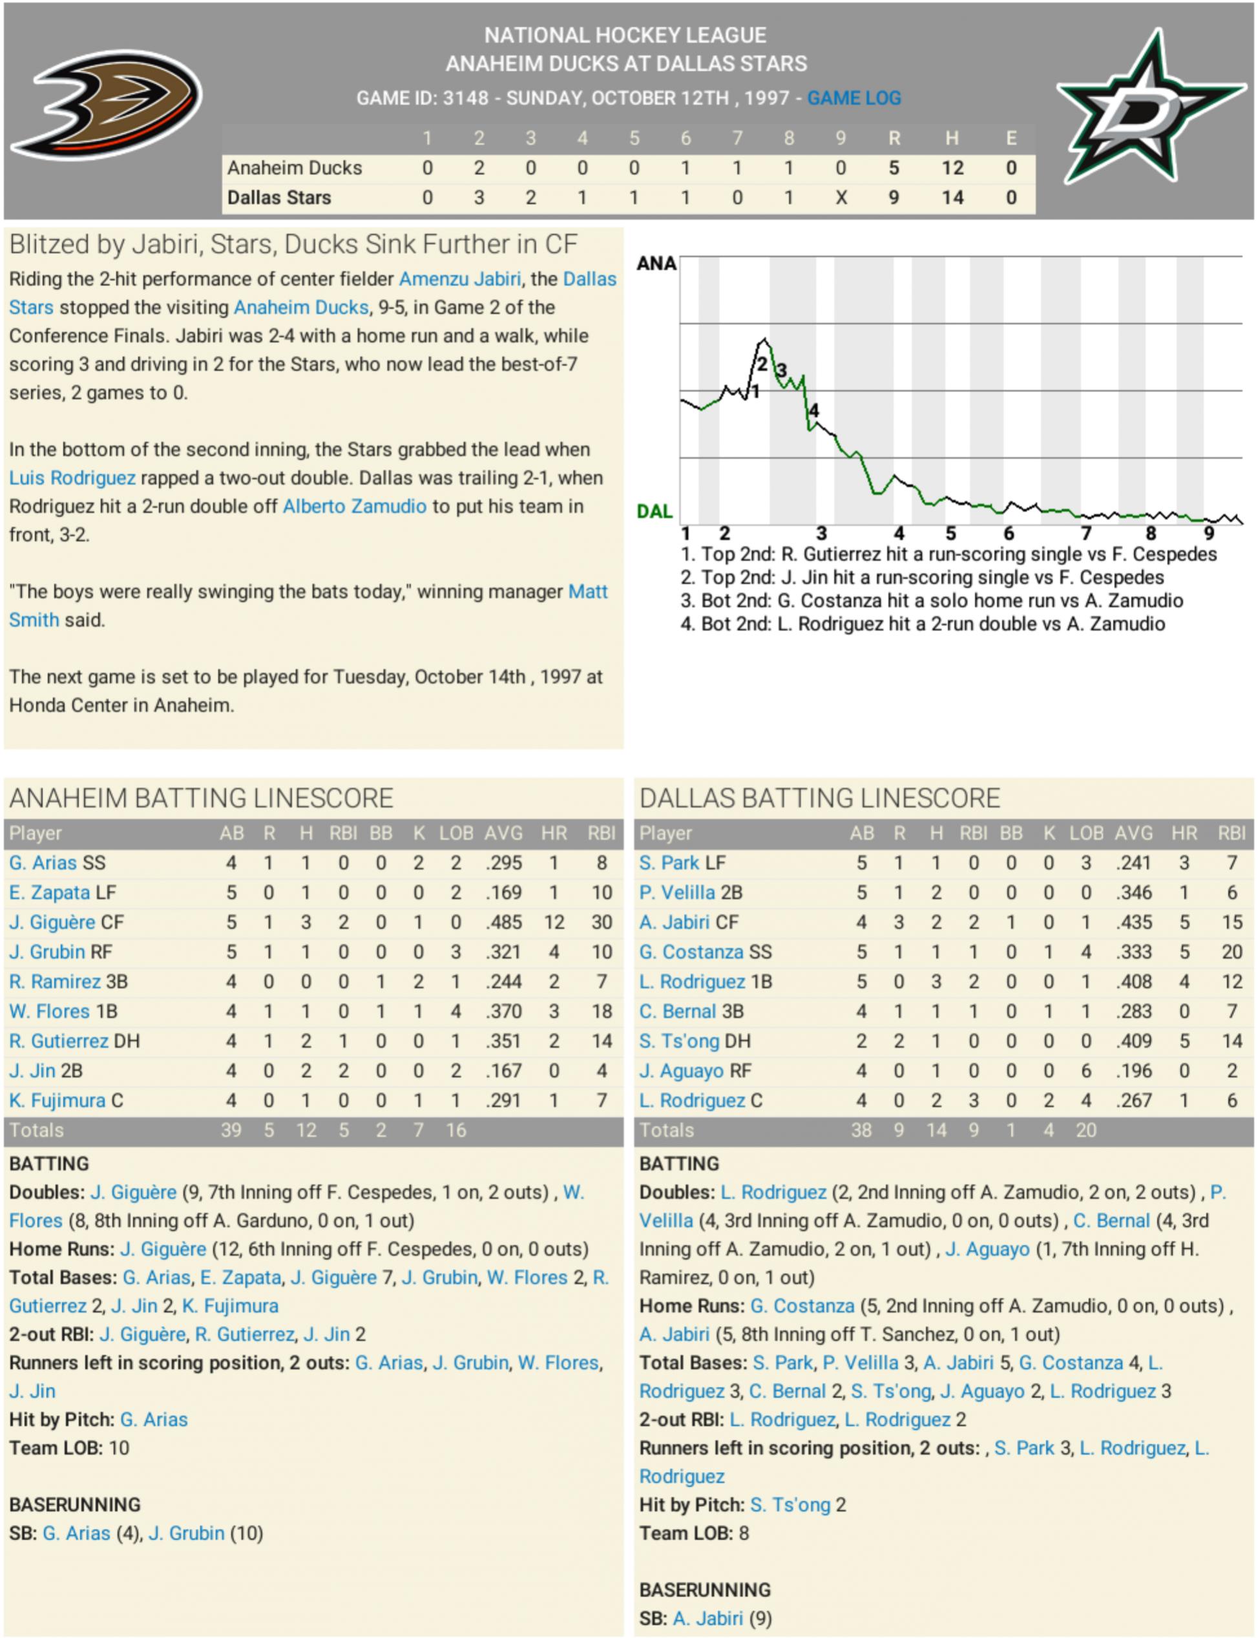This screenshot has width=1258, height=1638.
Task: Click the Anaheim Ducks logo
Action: coord(105,104)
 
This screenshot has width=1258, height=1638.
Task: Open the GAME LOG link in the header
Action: coord(854,98)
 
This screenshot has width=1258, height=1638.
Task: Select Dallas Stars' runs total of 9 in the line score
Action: coord(894,198)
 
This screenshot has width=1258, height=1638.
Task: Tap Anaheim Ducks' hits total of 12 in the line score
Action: coord(952,168)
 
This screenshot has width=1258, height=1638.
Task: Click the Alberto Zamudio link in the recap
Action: coord(354,506)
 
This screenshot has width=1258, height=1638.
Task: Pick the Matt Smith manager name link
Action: coord(588,591)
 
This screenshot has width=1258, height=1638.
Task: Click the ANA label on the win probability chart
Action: coord(656,264)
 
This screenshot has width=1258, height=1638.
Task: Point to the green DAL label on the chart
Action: coord(655,511)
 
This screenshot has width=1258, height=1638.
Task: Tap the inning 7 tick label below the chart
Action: coord(1085,533)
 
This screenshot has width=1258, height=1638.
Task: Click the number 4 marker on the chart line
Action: coord(814,410)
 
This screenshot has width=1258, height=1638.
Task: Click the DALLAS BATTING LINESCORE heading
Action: coord(819,798)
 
